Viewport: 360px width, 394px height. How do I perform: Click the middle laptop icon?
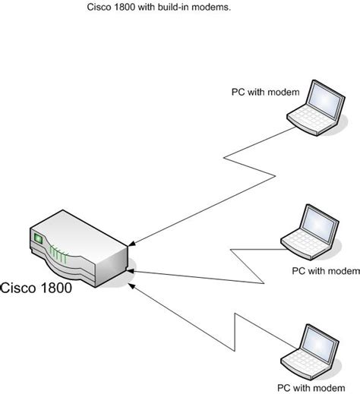coord(309,227)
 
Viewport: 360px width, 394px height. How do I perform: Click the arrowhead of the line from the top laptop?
coord(132,244)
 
